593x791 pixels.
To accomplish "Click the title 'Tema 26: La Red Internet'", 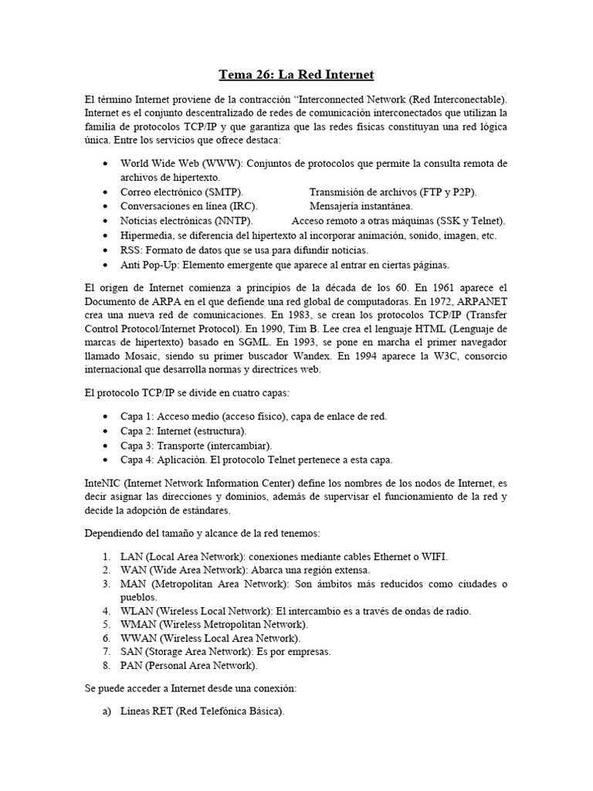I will click(x=296, y=75).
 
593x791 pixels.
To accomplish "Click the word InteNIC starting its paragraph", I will click(x=105, y=482).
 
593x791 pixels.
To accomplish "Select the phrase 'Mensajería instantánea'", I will click(x=361, y=206).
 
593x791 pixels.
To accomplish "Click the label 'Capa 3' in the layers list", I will click(x=137, y=446).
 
